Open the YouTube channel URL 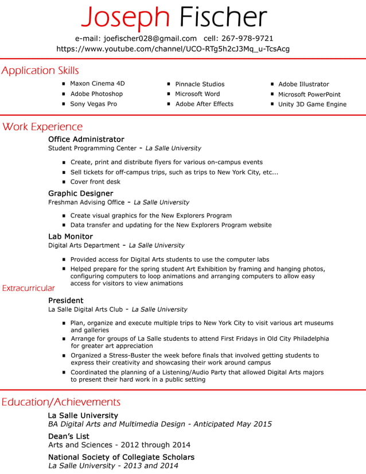[173, 49]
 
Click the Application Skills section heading [40, 71]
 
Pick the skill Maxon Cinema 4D [97, 84]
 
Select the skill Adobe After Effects [204, 104]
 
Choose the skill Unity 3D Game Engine [312, 104]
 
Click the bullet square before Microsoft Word [169, 94]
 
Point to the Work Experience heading [42, 127]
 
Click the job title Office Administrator [86, 139]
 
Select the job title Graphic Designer [80, 193]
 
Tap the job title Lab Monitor [70, 236]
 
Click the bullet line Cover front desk [95, 182]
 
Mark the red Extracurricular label [29, 288]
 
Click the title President [65, 301]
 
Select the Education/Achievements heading [61, 402]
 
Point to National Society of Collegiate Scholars [121, 457]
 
